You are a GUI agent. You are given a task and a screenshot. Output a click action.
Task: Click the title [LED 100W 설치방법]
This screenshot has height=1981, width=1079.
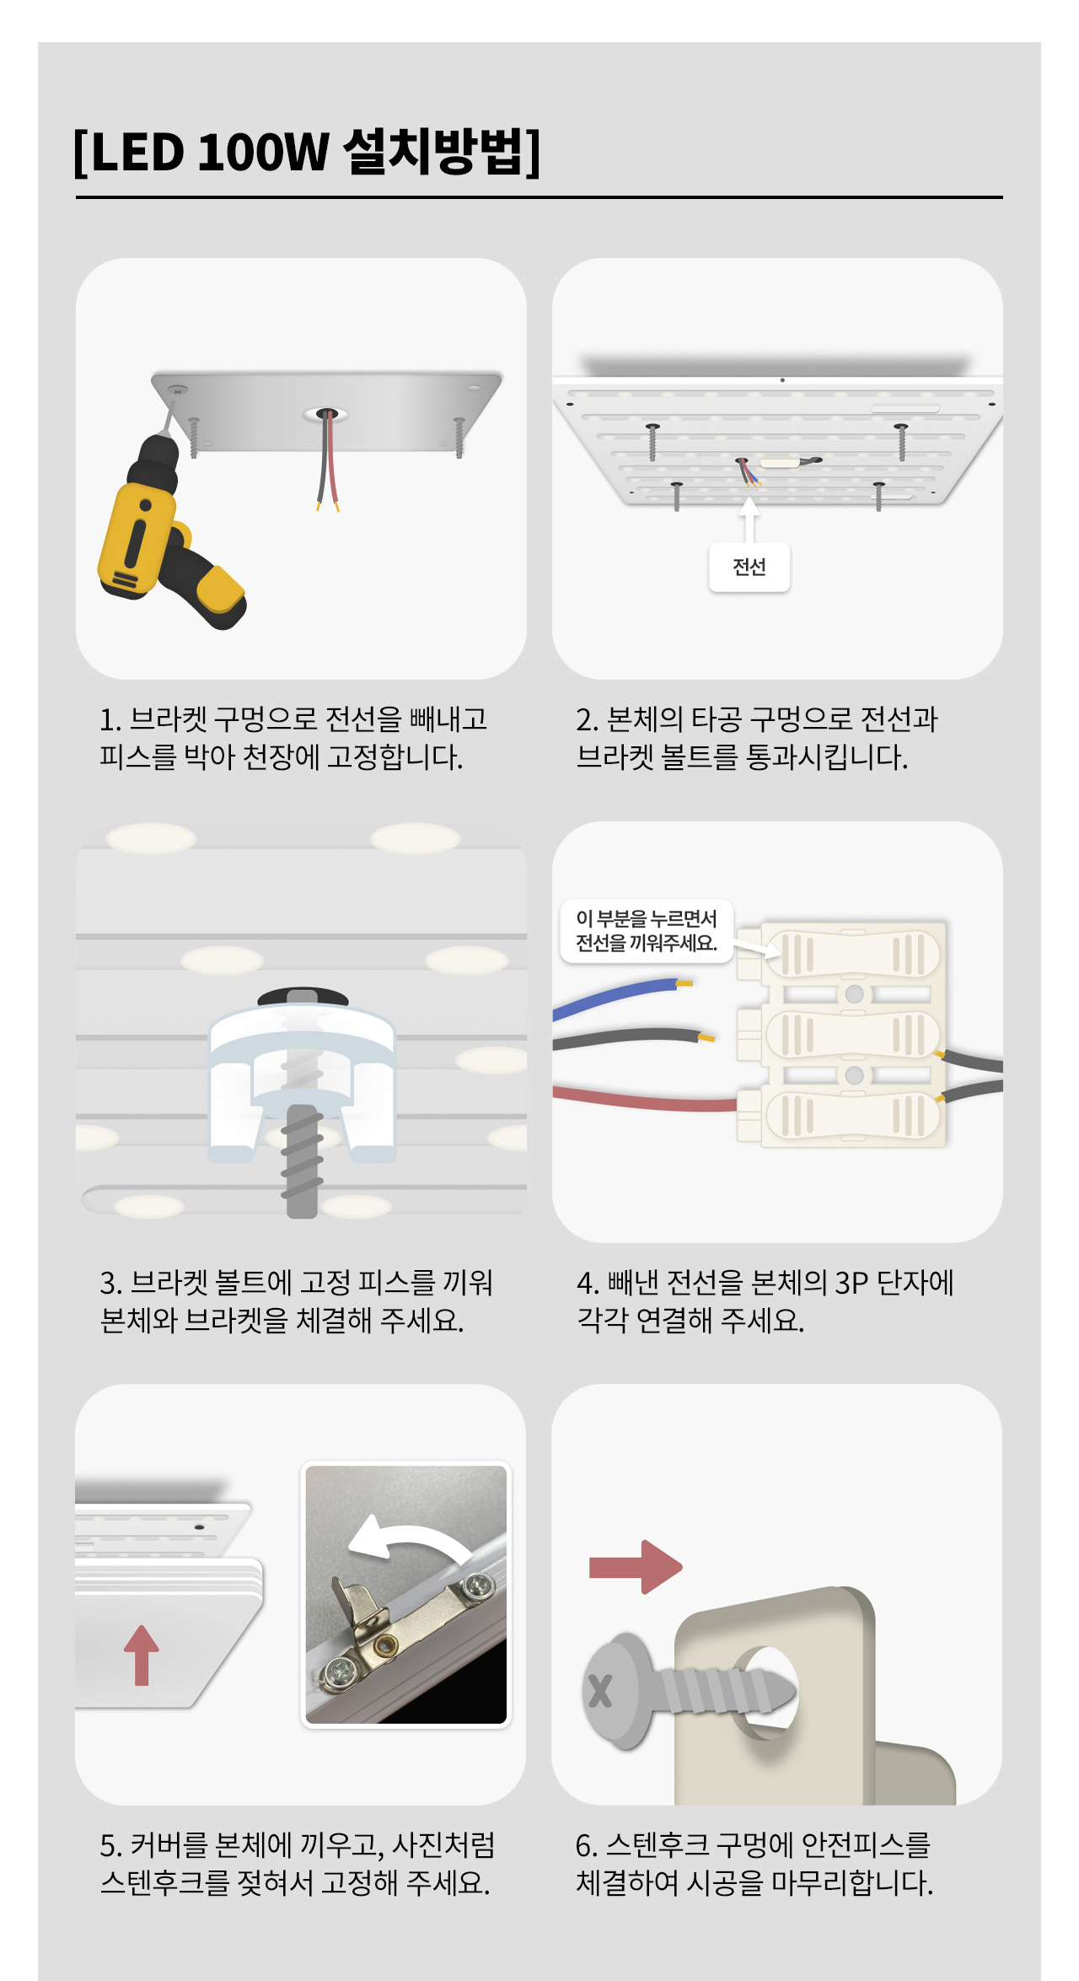[307, 152]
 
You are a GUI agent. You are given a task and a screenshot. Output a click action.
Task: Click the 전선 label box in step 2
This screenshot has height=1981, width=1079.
[749, 567]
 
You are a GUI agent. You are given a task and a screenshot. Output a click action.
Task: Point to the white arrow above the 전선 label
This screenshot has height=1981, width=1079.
[749, 519]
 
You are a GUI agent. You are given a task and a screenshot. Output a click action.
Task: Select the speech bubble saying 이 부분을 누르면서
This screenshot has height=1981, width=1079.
[647, 931]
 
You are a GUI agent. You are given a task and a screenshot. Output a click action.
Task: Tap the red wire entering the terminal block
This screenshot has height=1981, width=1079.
[645, 1098]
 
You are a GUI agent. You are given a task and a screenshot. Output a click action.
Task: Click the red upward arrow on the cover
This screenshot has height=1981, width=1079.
[141, 1655]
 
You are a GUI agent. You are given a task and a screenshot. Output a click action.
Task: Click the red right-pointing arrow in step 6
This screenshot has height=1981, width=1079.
[636, 1566]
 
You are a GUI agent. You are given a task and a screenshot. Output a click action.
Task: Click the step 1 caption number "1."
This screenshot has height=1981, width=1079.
[110, 719]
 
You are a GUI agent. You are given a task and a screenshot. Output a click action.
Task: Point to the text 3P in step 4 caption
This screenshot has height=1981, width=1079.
[851, 1283]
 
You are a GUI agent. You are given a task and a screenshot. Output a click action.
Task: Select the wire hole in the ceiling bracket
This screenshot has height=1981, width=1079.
[327, 414]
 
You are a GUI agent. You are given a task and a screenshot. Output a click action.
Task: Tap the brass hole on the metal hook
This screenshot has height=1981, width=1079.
[386, 1644]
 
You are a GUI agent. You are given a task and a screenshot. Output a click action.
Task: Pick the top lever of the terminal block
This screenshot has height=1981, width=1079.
[853, 954]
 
